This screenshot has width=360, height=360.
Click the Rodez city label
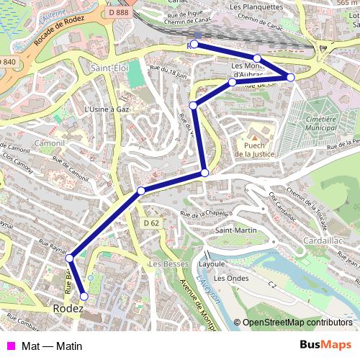coord(68,309)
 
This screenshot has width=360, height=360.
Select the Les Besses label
coord(164,264)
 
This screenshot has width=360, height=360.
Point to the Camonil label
coord(49,143)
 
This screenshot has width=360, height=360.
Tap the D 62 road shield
coord(150,223)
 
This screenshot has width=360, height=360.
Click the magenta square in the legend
coord(10,346)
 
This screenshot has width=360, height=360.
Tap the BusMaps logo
coord(325,346)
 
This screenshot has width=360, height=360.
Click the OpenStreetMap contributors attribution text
coord(297,323)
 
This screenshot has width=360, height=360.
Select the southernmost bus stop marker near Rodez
coord(84,296)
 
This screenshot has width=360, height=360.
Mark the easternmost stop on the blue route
coord(291,77)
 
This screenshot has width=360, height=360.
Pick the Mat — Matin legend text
coord(52,346)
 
